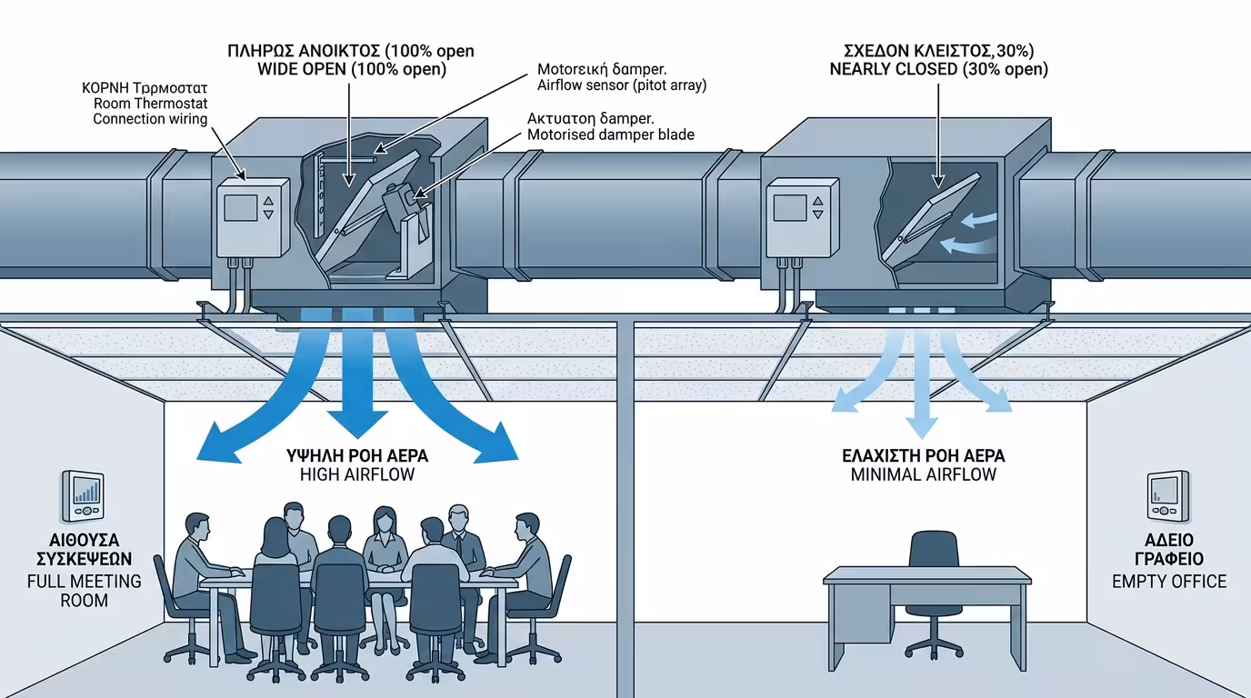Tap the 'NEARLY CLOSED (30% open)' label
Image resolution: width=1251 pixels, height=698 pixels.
pyautogui.click(x=938, y=70)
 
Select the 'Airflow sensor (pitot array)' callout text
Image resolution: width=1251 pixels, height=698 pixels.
pyautogui.click(x=621, y=85)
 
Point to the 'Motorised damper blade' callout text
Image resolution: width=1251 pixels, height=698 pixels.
pyautogui.click(x=610, y=135)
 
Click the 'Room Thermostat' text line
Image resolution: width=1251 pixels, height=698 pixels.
pyautogui.click(x=150, y=104)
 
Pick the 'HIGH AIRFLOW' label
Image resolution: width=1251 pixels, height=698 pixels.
pyautogui.click(x=357, y=474)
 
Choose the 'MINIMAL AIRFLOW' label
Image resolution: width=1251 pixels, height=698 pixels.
pyautogui.click(x=924, y=474)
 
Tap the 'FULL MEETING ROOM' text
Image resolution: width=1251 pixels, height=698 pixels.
pyautogui.click(x=84, y=591)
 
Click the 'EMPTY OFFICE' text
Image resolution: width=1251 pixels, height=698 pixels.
pyautogui.click(x=1169, y=582)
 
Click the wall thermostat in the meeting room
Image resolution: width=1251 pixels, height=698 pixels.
pyautogui.click(x=85, y=496)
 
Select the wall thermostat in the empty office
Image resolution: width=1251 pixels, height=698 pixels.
pyautogui.click(x=1167, y=496)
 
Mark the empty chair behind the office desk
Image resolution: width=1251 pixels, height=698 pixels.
pyautogui.click(x=933, y=582)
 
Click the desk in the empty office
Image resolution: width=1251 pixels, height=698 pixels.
pyautogui.click(x=926, y=591)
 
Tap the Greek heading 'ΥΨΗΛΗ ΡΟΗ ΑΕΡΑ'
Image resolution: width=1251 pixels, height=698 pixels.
pyautogui.click(x=357, y=455)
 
